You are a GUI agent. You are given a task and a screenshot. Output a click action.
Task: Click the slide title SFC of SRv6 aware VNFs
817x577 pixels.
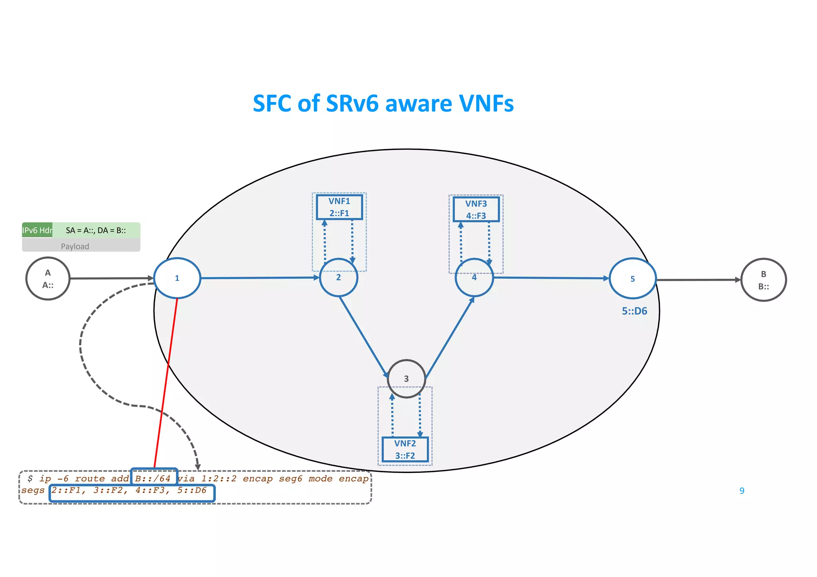click(383, 103)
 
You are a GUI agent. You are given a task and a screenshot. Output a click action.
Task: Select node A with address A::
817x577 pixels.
click(48, 279)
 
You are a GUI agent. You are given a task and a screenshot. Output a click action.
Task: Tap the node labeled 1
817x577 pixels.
click(177, 278)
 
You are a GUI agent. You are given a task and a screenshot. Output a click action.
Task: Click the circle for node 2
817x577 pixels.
click(339, 278)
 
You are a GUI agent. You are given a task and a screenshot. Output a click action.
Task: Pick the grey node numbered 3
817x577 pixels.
click(406, 378)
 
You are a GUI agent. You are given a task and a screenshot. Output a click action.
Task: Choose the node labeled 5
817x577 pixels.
click(633, 279)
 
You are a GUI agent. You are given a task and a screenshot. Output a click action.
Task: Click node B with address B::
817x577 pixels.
click(764, 280)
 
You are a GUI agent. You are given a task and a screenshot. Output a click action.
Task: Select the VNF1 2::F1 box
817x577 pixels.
click(339, 207)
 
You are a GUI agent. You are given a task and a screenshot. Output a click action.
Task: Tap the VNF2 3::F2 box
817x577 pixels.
click(405, 449)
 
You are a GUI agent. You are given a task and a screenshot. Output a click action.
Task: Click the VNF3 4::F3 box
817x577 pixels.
click(476, 209)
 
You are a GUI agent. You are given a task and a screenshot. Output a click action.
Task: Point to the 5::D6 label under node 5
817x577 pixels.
click(634, 311)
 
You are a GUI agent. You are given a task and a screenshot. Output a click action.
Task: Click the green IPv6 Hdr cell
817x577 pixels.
click(37, 230)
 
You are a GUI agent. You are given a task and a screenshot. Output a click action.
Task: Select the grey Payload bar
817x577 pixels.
click(81, 246)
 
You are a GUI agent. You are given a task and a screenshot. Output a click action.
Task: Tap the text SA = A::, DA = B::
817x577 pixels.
click(96, 230)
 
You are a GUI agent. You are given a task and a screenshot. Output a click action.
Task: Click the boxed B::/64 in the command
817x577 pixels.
click(153, 478)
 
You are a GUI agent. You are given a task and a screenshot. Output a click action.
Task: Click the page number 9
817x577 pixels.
click(742, 490)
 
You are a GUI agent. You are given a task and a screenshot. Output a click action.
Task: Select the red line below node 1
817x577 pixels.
click(166, 383)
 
